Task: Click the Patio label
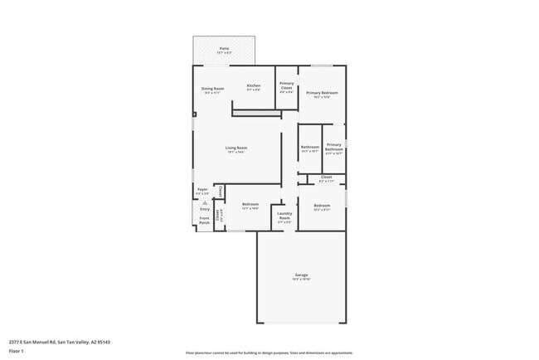(224, 50)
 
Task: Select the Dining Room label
(213, 90)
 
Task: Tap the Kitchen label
(254, 86)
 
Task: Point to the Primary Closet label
(286, 86)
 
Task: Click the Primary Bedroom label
(322, 94)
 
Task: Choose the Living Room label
(236, 149)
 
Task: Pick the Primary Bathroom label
(334, 148)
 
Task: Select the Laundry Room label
(284, 219)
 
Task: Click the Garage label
(301, 276)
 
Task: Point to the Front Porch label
(204, 221)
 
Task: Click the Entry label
(205, 209)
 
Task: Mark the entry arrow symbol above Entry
(205, 202)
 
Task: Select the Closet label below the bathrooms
(326, 178)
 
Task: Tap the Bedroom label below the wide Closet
(322, 207)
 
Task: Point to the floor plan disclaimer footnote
(269, 352)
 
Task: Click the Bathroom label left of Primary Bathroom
(309, 148)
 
